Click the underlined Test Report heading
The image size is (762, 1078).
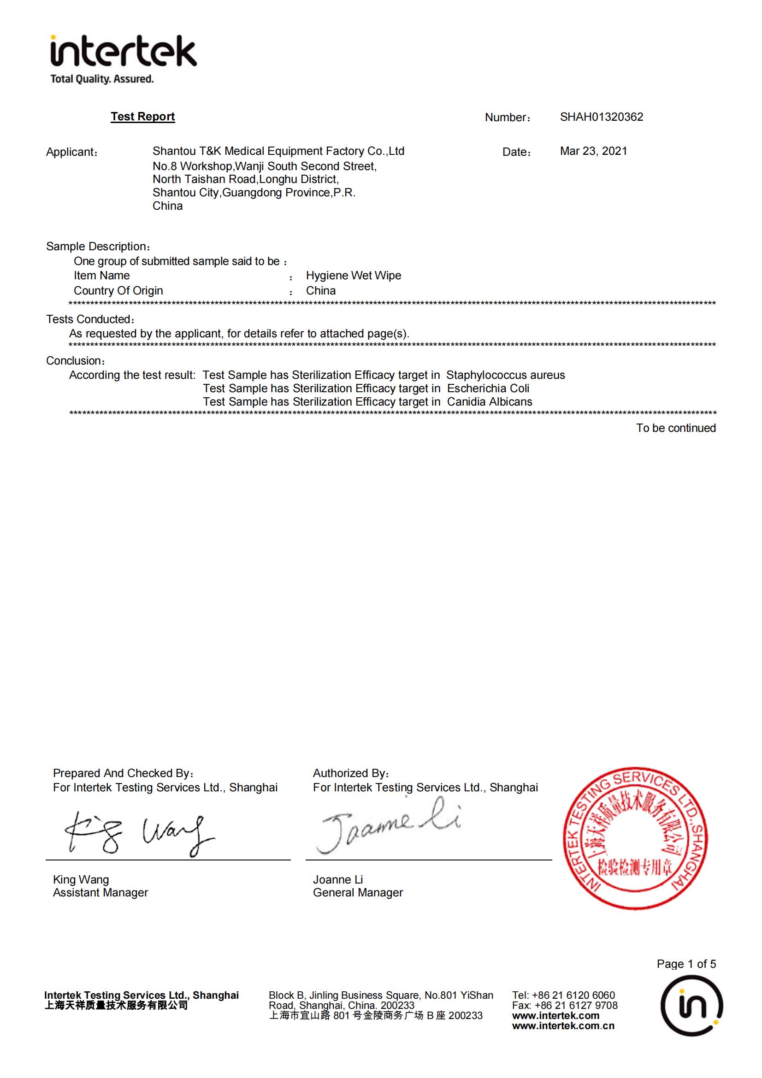(143, 117)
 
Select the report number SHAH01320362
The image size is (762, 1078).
(602, 117)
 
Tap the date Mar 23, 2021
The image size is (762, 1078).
(593, 151)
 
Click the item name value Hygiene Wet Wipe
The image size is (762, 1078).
(354, 276)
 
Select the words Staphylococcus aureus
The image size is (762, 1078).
(506, 375)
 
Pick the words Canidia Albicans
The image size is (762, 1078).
(489, 402)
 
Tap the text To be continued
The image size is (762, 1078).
(676, 428)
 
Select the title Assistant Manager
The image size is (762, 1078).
(100, 893)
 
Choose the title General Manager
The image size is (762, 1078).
(358, 893)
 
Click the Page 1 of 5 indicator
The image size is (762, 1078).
(686, 964)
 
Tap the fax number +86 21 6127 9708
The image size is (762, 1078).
(576, 1005)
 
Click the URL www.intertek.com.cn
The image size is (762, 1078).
(563, 1026)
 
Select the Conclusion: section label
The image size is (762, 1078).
(75, 361)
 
